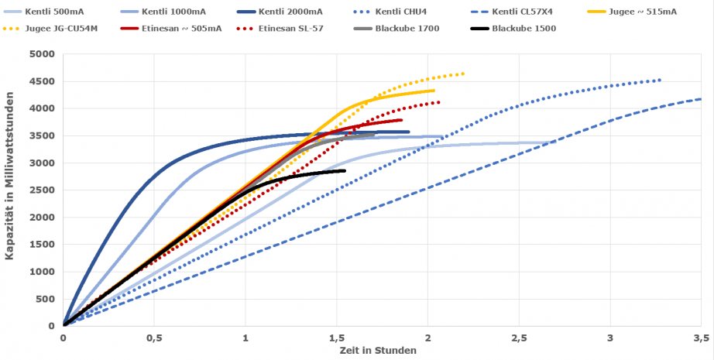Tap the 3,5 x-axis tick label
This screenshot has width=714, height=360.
(x=701, y=338)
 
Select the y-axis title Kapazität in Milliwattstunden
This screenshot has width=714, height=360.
(x=11, y=190)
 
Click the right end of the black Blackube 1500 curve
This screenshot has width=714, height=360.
(x=344, y=170)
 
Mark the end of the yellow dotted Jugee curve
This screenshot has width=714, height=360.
(x=463, y=74)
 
